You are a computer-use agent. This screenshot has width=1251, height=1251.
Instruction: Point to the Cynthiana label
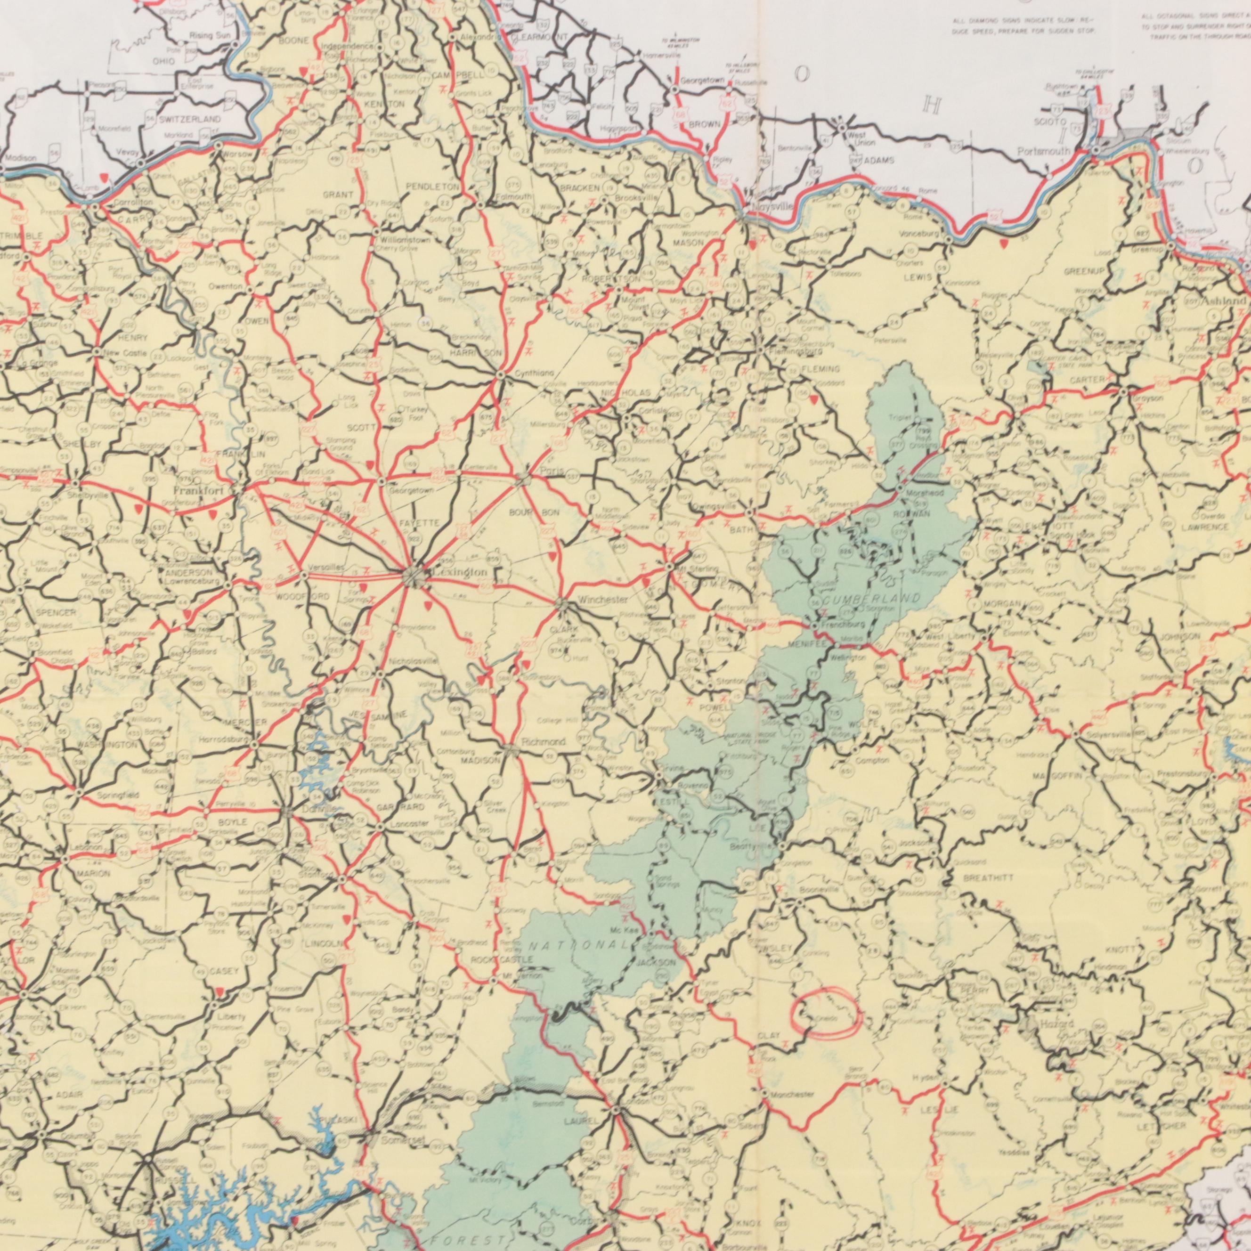[x=534, y=374]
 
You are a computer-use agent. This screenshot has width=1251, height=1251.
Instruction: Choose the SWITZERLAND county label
[x=190, y=120]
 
